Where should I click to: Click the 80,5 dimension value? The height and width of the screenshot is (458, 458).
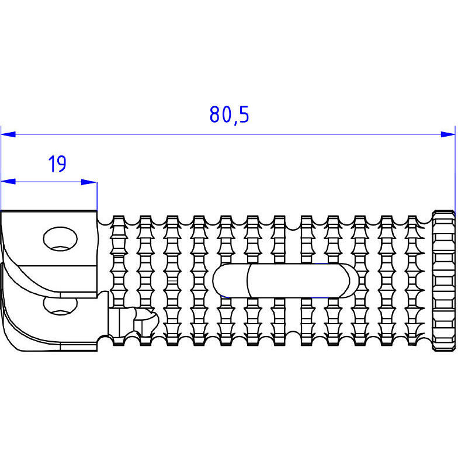(x=229, y=114)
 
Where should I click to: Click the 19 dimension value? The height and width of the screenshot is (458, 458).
(x=57, y=164)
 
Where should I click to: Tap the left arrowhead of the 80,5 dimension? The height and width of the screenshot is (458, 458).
(x=8, y=134)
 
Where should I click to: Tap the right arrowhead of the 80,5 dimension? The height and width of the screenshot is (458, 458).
(x=447, y=134)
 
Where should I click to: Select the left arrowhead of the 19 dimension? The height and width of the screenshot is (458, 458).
(x=8, y=182)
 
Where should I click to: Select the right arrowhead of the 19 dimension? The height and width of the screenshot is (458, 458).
(x=89, y=182)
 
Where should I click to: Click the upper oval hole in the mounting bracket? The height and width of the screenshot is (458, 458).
(x=60, y=238)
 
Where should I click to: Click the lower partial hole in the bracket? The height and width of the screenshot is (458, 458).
(x=60, y=306)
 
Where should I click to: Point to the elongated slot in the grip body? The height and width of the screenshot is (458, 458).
(x=285, y=280)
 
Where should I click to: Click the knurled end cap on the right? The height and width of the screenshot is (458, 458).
(x=443, y=280)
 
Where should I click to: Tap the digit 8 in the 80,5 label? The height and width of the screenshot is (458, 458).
(x=214, y=114)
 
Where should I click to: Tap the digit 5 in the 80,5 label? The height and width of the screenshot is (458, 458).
(x=244, y=114)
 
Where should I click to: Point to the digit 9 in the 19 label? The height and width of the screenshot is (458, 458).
(x=62, y=164)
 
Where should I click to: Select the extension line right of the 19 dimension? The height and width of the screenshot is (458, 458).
(x=97, y=195)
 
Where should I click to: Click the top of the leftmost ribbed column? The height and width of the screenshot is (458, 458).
(x=119, y=218)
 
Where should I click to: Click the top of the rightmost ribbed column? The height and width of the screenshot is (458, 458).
(x=412, y=218)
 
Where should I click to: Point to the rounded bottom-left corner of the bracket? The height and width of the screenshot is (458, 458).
(x=12, y=342)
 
